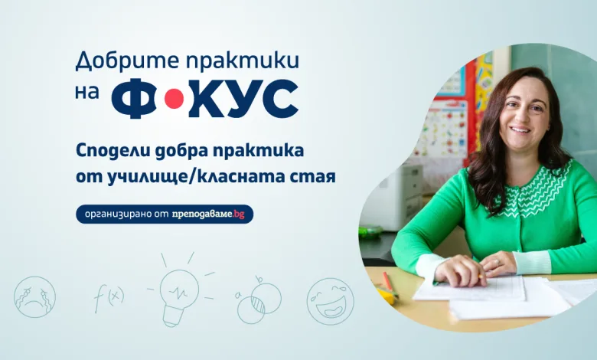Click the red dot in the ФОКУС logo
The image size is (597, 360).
(x=174, y=98)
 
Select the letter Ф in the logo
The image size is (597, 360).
(x=134, y=99)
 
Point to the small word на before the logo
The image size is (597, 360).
(x=86, y=93)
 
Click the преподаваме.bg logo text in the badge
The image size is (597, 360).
(x=207, y=214)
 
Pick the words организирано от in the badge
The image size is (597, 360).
(x=126, y=214)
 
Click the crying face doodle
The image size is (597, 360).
(x=34, y=296)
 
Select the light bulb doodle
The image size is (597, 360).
(x=179, y=290)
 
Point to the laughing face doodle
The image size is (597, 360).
(x=331, y=301)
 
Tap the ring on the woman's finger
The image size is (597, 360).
(x=497, y=262)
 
